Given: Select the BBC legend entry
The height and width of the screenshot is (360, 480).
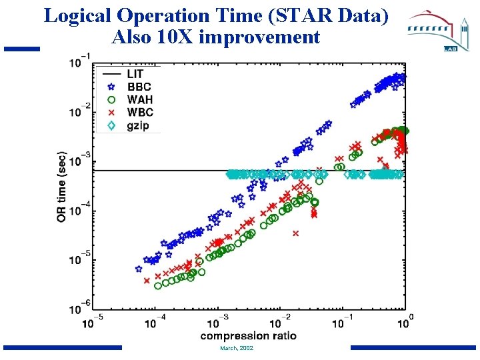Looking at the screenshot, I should (x=139, y=87).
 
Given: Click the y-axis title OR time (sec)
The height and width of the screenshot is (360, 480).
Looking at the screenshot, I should (x=61, y=186).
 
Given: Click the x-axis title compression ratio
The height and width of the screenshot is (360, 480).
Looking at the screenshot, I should (x=248, y=335).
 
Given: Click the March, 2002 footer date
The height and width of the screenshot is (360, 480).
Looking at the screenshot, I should (x=236, y=348).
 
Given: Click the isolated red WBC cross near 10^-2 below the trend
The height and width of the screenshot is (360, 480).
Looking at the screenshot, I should (x=295, y=233).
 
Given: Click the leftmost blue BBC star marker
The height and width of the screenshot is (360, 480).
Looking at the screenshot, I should (x=139, y=269).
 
